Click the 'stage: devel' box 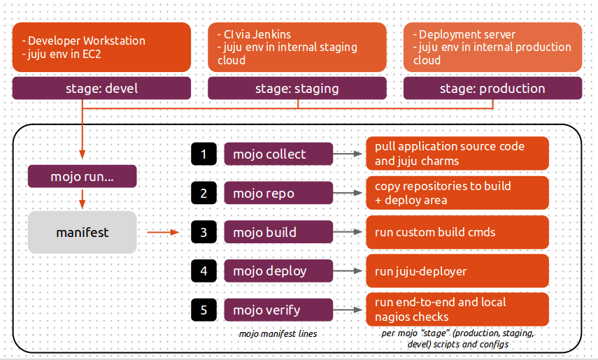pos(101,89)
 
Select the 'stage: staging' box pos(297,89)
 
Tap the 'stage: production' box pos(492,89)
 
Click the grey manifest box pos(83,232)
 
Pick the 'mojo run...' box pos(83,177)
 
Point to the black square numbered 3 pos(204,232)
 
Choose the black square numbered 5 pos(204,310)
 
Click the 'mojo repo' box pos(278,194)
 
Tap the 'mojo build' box pos(278,232)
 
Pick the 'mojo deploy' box pos(278,271)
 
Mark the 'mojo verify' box pos(278,310)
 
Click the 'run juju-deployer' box pos(457,271)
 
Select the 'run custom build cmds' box pos(457,232)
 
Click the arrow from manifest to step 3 pos(164,232)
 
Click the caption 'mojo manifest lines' pos(278,334)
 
